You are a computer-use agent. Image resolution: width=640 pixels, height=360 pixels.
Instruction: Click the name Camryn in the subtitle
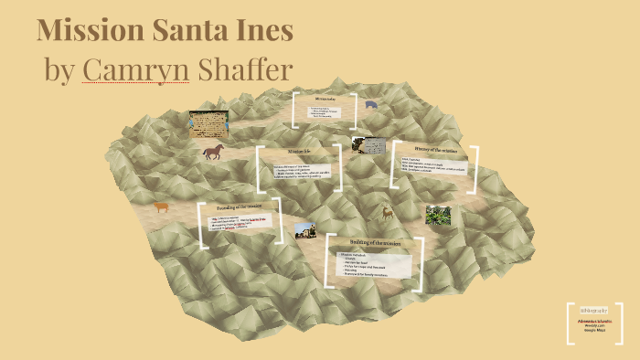[135, 69]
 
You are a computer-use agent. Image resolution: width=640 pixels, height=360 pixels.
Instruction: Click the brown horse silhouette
[213, 152]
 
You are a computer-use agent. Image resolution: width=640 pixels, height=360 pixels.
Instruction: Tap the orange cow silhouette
[161, 207]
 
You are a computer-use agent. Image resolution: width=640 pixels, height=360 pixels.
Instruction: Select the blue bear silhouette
[370, 104]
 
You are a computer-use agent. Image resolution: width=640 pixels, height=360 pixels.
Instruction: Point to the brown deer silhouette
[388, 213]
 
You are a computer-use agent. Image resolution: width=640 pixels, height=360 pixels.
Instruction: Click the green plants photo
[437, 216]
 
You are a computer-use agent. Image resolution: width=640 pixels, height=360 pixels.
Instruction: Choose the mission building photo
[304, 230]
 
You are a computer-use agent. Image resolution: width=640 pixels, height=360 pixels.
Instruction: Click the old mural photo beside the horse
[208, 122]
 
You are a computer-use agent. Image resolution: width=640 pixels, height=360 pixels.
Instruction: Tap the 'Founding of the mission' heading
[239, 208]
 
